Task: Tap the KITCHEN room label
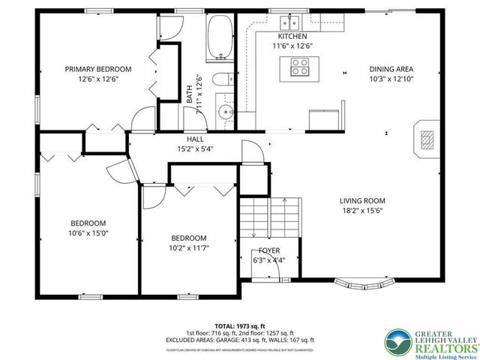tap(292, 36)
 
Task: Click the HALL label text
tap(195, 139)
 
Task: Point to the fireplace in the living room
tap(426, 139)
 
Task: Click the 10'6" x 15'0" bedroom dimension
tap(88, 233)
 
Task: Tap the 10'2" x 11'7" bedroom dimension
tap(189, 248)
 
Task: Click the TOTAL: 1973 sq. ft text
tap(240, 325)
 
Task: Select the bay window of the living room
tap(365, 284)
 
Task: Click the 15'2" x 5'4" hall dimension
tap(195, 148)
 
